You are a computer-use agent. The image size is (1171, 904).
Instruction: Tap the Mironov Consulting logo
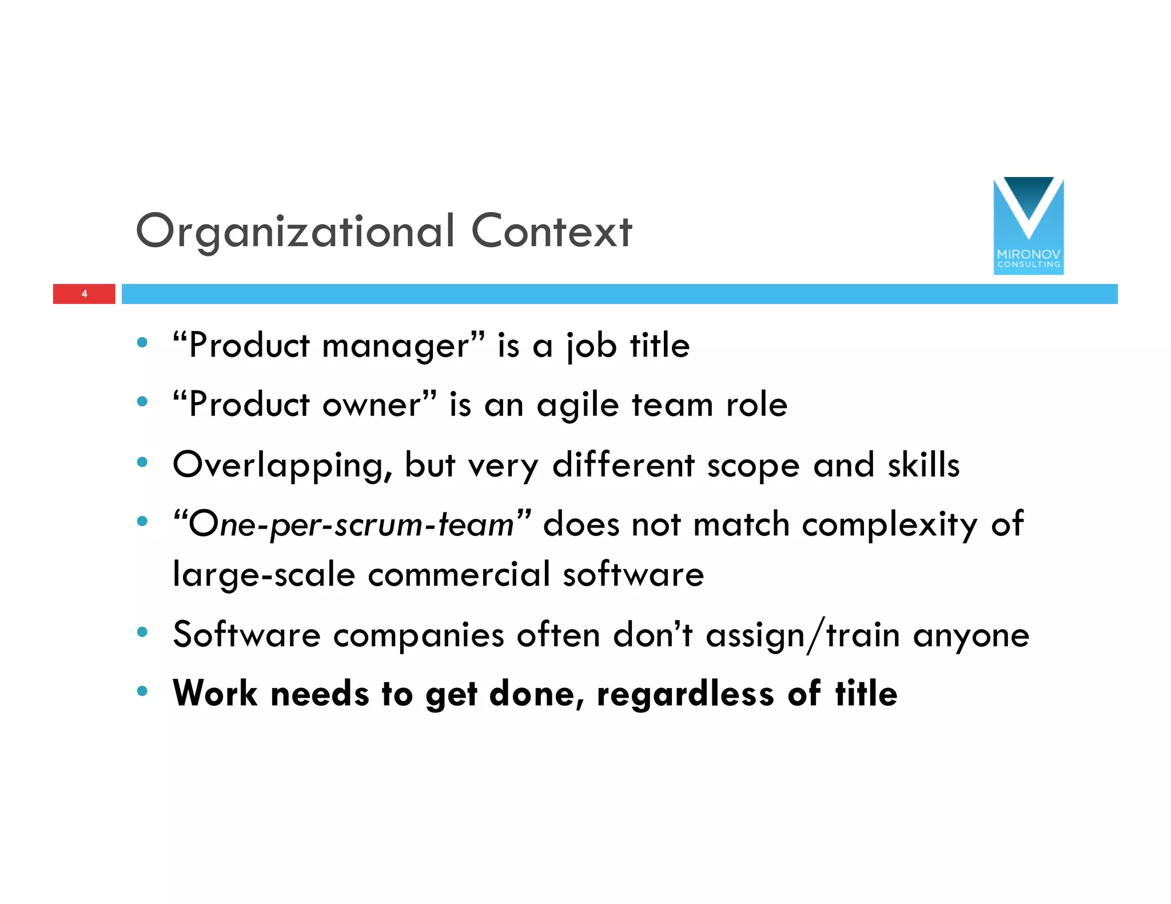pos(1028,226)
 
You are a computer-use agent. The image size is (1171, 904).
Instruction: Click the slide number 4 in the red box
pos(84,294)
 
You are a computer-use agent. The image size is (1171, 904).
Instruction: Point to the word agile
pos(577,406)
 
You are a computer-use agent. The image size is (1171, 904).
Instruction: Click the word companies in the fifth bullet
pos(419,635)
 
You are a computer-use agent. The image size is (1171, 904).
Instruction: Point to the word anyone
pos(971,635)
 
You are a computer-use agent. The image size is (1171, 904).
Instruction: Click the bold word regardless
pos(686,694)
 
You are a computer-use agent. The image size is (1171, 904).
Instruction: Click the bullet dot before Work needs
pos(142,691)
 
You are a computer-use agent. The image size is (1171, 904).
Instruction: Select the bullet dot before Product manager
pos(142,343)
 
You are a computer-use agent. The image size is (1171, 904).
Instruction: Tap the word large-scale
pos(264,574)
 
